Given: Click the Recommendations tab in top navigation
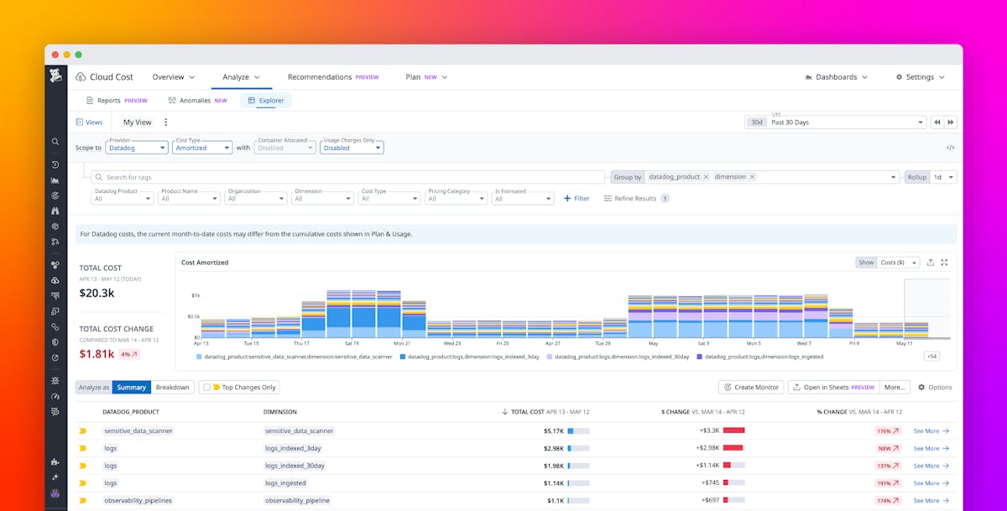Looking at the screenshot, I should click(x=320, y=77).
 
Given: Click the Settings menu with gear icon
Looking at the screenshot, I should click(x=920, y=77).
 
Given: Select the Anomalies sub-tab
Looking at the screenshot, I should click(x=197, y=101).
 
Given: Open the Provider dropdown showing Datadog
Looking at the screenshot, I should click(x=137, y=148).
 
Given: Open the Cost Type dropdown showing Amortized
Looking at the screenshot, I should click(x=201, y=148).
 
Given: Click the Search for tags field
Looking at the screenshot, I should click(x=347, y=177).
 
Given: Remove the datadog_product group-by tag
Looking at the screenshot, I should click(x=706, y=177).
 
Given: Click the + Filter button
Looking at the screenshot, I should click(x=577, y=199).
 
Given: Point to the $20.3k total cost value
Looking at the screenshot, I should click(x=97, y=293).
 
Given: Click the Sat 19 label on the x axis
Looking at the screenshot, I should click(x=352, y=343).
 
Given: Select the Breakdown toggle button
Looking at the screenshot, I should click(x=173, y=388).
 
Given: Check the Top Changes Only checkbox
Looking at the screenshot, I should click(x=207, y=388).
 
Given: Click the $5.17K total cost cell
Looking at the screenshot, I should click(x=554, y=430).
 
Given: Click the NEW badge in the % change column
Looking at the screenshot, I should click(x=884, y=448).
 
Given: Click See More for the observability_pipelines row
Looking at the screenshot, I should click(x=931, y=501).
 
